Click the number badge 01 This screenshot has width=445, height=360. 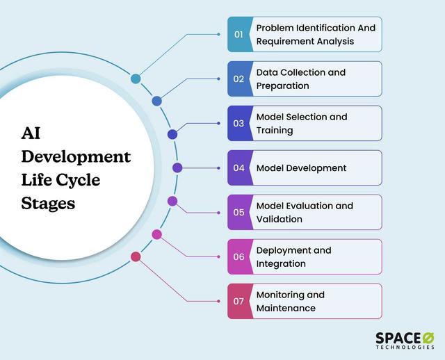tap(238, 34)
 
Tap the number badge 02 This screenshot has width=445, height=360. tap(238, 79)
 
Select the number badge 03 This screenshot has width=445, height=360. tap(238, 123)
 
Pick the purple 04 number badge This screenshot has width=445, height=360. tap(238, 167)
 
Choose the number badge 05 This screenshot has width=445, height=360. tap(238, 212)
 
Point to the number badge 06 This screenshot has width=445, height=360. tap(238, 256)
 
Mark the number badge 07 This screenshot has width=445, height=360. tap(238, 301)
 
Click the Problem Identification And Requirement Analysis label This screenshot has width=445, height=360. tap(315, 34)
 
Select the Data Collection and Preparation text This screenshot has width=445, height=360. tap(300, 79)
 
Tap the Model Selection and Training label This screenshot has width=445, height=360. tap(301, 123)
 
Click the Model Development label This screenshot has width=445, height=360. tap(301, 167)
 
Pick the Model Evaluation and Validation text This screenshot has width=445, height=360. tap(305, 212)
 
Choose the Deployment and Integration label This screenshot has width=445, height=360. tap(293, 256)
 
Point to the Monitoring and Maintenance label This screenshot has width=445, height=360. tap(290, 301)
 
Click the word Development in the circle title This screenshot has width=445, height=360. tap(76, 156)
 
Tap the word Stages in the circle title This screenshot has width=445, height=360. tap(48, 204)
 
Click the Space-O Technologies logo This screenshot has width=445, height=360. tap(405, 339)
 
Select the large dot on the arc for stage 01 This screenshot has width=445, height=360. tap(136, 79)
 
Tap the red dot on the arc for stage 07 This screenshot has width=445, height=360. tap(136, 256)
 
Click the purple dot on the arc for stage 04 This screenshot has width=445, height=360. tap(177, 167)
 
